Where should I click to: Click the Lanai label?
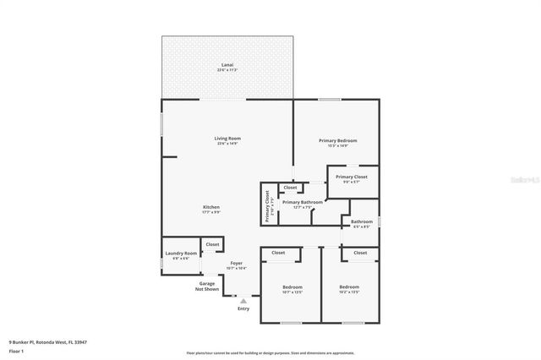[227, 64]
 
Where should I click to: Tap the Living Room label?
[228, 139]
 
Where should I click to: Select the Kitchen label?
[211, 207]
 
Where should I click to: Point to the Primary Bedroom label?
[337, 140]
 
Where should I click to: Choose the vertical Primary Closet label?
[267, 205]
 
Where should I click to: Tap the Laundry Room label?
[181, 254]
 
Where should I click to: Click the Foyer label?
[237, 264]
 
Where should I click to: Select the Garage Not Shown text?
[208, 286]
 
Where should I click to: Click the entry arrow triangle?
[243, 300]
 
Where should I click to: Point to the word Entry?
[243, 308]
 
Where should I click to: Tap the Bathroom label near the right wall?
[362, 222]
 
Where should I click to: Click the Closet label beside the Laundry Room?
[213, 244]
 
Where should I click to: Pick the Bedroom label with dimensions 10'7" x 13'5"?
[292, 287]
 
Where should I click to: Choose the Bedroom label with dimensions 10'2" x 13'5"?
[349, 287]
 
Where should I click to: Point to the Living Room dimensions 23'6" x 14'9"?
[228, 145]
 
